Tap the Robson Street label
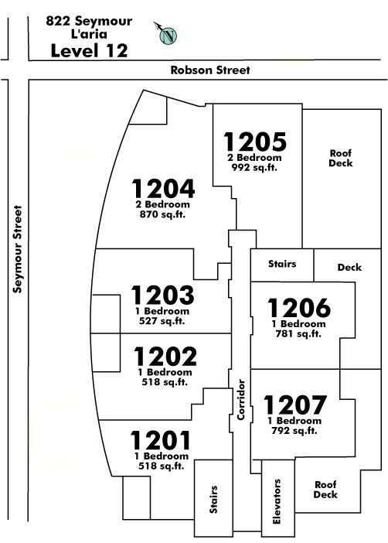(x=210, y=70)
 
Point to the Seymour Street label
(x=17, y=249)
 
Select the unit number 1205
(x=255, y=142)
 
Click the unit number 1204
(x=163, y=188)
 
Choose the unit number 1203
(x=162, y=295)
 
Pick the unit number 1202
(x=165, y=357)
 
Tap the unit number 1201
(x=161, y=440)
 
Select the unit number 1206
(x=299, y=308)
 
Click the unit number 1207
(x=295, y=405)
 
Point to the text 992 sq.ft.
(x=254, y=168)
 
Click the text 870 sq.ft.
(x=162, y=214)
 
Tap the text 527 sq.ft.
(x=162, y=321)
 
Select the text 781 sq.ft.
(x=298, y=334)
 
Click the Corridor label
(x=241, y=400)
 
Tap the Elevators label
(x=277, y=501)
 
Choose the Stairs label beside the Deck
(x=282, y=264)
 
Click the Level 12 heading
(x=90, y=50)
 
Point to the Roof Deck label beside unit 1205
(x=341, y=158)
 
